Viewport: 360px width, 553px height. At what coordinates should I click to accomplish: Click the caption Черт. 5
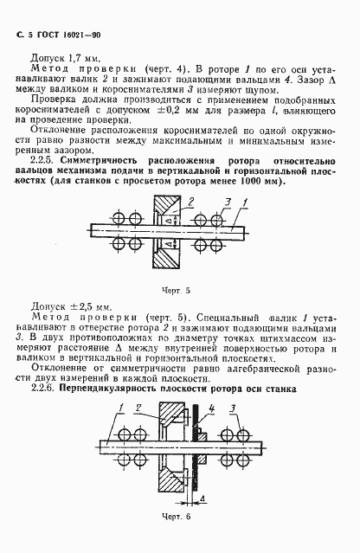pos(179,290)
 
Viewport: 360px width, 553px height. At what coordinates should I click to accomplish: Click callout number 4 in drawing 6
pos(200,499)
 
